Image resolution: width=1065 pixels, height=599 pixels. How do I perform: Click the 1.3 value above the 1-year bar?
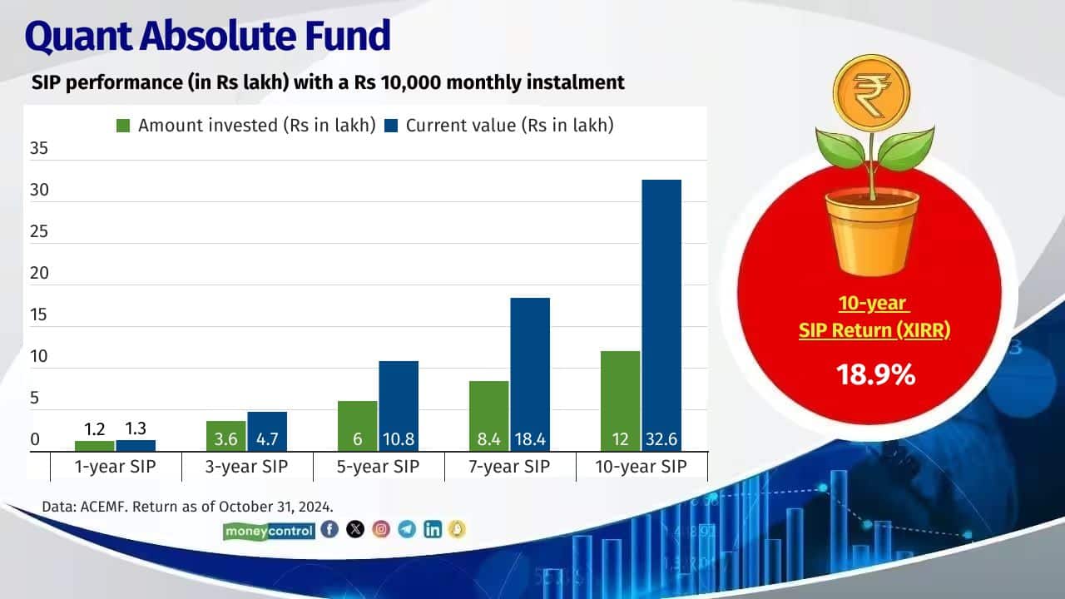136,430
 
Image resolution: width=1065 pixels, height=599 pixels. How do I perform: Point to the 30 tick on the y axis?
39,191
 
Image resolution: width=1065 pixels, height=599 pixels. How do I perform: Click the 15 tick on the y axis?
39,315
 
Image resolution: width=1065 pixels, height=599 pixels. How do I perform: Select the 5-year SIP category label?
379,467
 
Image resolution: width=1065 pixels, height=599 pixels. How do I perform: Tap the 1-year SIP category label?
116,467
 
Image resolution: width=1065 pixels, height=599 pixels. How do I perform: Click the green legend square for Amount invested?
123,126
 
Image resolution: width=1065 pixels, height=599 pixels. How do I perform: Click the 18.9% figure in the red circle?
876,374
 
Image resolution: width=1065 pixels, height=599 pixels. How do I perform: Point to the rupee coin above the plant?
872,88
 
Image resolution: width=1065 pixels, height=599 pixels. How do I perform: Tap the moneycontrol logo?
269,530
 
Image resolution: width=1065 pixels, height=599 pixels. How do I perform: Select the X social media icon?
355,529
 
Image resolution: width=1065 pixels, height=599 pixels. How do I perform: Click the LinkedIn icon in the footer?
433,529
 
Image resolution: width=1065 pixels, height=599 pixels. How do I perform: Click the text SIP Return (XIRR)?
874,330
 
